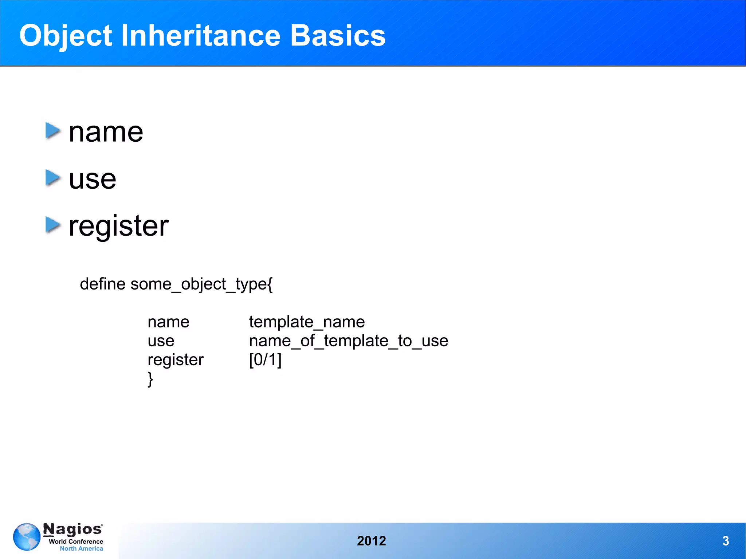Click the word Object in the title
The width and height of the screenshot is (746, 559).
click(x=66, y=36)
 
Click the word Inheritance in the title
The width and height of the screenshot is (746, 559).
click(x=200, y=36)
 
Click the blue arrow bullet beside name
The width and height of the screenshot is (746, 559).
click(x=53, y=131)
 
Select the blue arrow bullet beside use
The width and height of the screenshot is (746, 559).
click(x=53, y=178)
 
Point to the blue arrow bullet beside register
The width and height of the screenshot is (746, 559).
click(x=53, y=225)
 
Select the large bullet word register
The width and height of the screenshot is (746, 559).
click(x=119, y=226)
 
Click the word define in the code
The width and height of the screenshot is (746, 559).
click(x=102, y=284)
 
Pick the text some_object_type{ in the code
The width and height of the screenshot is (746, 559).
click(x=201, y=284)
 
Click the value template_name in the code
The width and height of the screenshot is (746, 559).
click(x=307, y=322)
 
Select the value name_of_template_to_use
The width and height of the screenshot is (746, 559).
click(x=348, y=341)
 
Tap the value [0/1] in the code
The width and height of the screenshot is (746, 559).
click(x=265, y=360)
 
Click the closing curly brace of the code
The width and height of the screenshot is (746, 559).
click(x=150, y=379)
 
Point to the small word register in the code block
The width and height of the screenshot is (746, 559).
click(x=175, y=360)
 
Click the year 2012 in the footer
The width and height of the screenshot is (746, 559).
click(x=371, y=541)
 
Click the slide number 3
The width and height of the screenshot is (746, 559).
click(x=725, y=541)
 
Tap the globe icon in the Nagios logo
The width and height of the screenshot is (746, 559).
click(x=27, y=537)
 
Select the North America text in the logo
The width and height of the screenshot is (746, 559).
click(x=81, y=548)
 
